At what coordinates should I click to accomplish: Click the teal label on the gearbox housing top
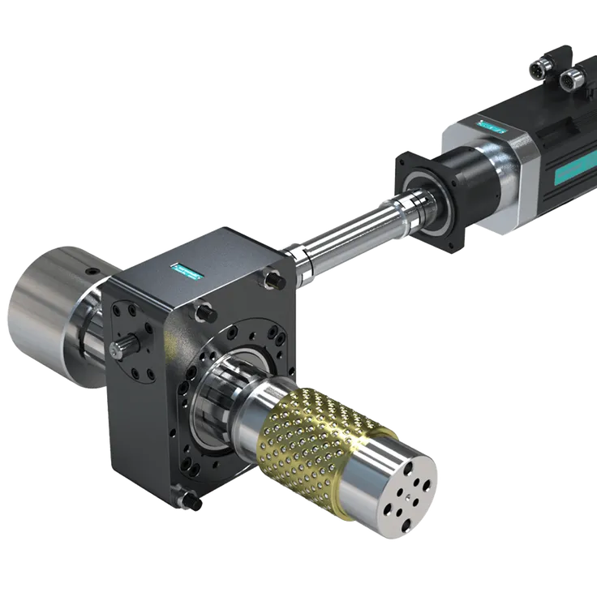click(x=186, y=270)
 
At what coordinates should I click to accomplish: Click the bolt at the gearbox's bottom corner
click(x=194, y=503)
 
